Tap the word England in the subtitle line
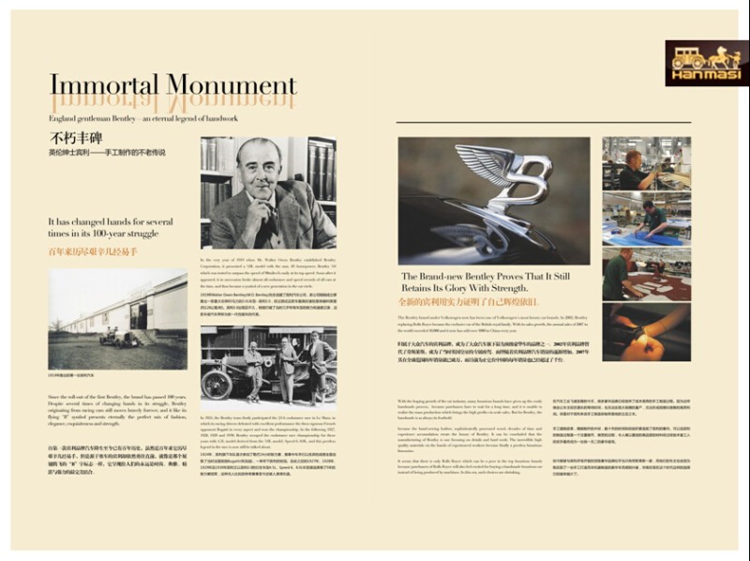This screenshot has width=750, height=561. click(67, 119)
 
